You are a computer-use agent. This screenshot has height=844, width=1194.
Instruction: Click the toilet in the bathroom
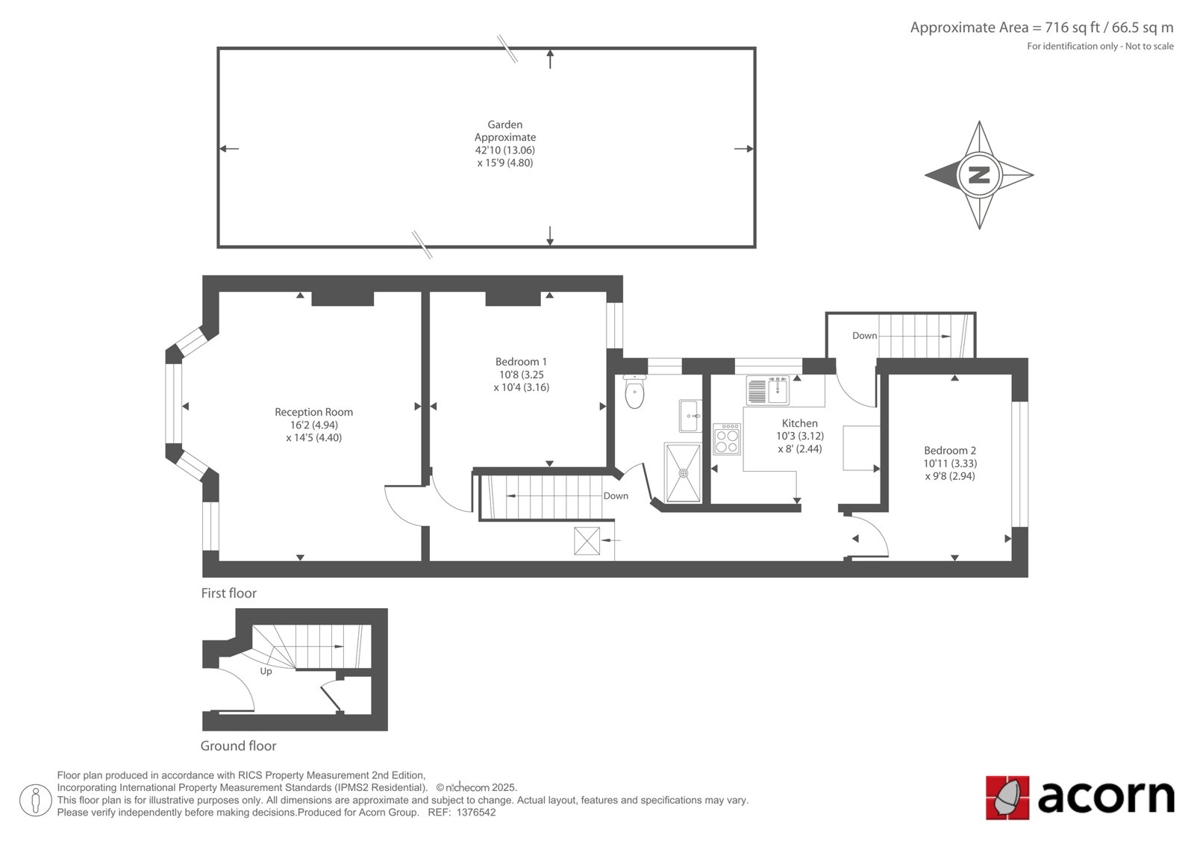point(634,391)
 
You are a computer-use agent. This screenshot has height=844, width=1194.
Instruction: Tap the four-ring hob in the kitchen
point(727,439)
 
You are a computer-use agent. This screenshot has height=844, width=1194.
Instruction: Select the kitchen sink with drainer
point(768,390)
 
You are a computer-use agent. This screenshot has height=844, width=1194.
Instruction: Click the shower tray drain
point(683,473)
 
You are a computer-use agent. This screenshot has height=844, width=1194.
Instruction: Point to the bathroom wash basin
point(690,416)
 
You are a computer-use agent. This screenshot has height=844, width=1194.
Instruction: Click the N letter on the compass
point(978,175)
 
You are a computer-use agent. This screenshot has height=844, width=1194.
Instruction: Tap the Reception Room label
point(313,412)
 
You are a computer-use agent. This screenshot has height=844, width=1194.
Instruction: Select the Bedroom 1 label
point(521,361)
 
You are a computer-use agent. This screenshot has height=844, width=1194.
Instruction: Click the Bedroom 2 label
point(950,451)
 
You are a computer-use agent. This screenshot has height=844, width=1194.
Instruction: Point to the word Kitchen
point(799,423)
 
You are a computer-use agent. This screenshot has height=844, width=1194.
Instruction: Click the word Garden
point(504,125)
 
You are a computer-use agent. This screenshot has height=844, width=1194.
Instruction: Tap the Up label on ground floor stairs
point(266,672)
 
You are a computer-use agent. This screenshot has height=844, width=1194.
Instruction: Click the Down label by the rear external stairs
point(865,335)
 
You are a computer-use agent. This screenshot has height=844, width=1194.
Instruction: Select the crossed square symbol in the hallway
point(587,540)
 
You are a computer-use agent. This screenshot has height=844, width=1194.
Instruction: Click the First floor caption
point(228,593)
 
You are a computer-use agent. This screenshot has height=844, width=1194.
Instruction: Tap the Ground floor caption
point(238,746)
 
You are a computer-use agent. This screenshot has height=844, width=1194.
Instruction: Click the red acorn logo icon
point(1007,798)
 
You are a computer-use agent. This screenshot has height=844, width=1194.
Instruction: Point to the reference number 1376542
point(476,813)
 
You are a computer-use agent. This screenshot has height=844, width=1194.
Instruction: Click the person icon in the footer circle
point(36,801)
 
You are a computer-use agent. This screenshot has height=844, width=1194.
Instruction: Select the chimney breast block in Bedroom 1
point(513,298)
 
